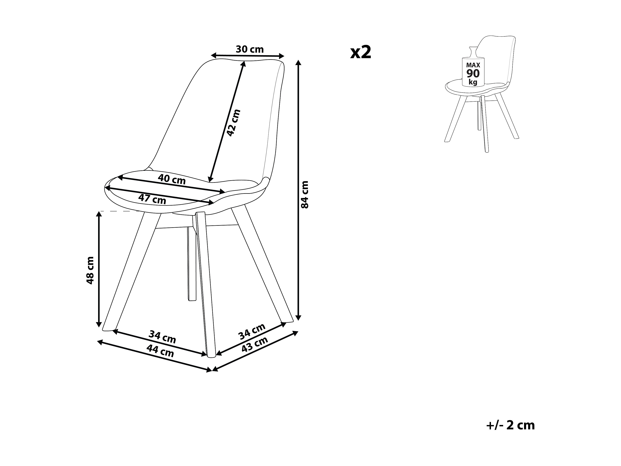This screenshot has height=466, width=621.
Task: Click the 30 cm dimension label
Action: (x=250, y=49)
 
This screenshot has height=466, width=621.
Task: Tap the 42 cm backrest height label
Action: (x=233, y=123)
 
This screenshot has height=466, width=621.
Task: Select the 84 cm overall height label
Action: (x=305, y=194)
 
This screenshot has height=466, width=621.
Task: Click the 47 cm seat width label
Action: (x=152, y=199)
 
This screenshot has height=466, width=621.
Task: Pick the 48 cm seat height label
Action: (x=90, y=270)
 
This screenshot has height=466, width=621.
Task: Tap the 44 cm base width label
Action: (x=160, y=351)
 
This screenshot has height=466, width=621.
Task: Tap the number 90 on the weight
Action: (x=473, y=74)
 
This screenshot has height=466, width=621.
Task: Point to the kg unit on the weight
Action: (x=473, y=82)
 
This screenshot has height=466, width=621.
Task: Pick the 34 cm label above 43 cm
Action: (x=252, y=332)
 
